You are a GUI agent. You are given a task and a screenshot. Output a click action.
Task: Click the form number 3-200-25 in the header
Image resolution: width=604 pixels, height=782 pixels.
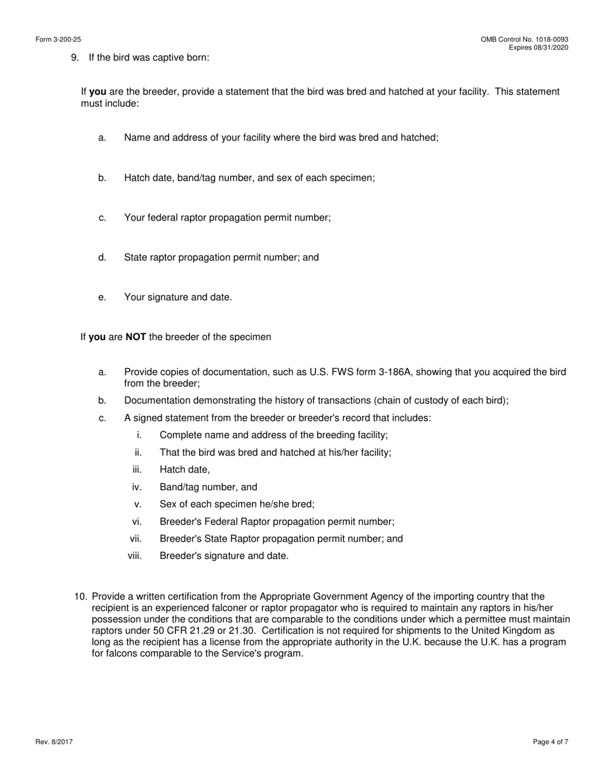point(67,39)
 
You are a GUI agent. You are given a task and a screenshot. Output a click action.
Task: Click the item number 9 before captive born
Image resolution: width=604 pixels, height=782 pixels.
point(74,57)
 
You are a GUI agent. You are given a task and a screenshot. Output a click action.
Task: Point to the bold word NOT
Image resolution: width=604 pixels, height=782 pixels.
point(135,337)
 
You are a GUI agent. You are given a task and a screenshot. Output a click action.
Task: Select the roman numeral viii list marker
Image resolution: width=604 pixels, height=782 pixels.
point(134,556)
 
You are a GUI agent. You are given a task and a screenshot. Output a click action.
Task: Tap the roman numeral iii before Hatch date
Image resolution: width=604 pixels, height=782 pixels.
point(136,470)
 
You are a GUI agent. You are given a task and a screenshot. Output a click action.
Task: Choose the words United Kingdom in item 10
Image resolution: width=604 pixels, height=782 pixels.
point(509,631)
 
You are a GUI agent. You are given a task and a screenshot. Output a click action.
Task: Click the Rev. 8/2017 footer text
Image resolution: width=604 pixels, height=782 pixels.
point(54,742)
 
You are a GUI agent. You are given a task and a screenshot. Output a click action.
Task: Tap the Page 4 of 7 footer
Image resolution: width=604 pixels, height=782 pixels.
point(551,742)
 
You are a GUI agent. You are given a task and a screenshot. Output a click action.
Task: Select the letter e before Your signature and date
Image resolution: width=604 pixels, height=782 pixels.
point(102,297)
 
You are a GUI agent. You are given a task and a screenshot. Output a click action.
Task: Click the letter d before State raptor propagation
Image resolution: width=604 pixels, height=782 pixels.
point(102,257)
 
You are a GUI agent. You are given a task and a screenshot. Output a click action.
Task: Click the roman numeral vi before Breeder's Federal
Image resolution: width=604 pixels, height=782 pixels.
point(136,521)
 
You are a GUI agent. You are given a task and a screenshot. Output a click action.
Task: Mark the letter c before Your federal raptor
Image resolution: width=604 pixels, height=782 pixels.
point(102,217)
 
